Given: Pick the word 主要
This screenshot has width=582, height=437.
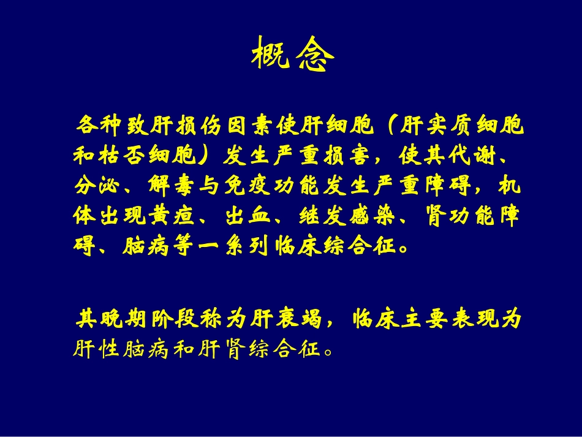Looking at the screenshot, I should (x=431, y=319).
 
